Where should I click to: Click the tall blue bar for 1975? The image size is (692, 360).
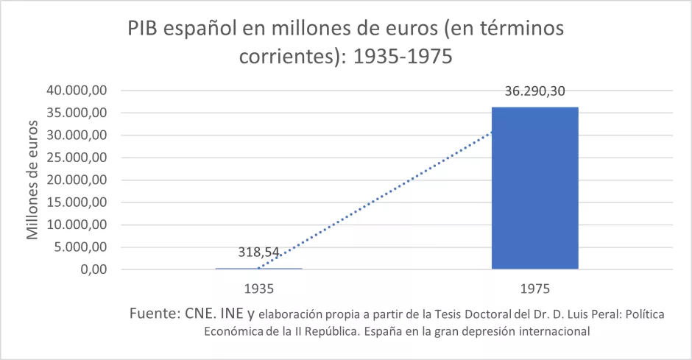click(534, 188)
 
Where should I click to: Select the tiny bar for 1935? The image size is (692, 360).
click(258, 269)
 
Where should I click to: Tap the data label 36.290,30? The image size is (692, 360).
click(534, 92)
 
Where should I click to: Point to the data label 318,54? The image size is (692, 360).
click(258, 252)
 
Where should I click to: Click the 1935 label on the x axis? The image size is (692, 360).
click(258, 287)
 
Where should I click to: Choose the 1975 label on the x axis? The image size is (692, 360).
click(534, 287)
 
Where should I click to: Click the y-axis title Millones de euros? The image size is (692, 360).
click(32, 180)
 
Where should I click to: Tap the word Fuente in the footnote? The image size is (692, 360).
click(151, 314)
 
